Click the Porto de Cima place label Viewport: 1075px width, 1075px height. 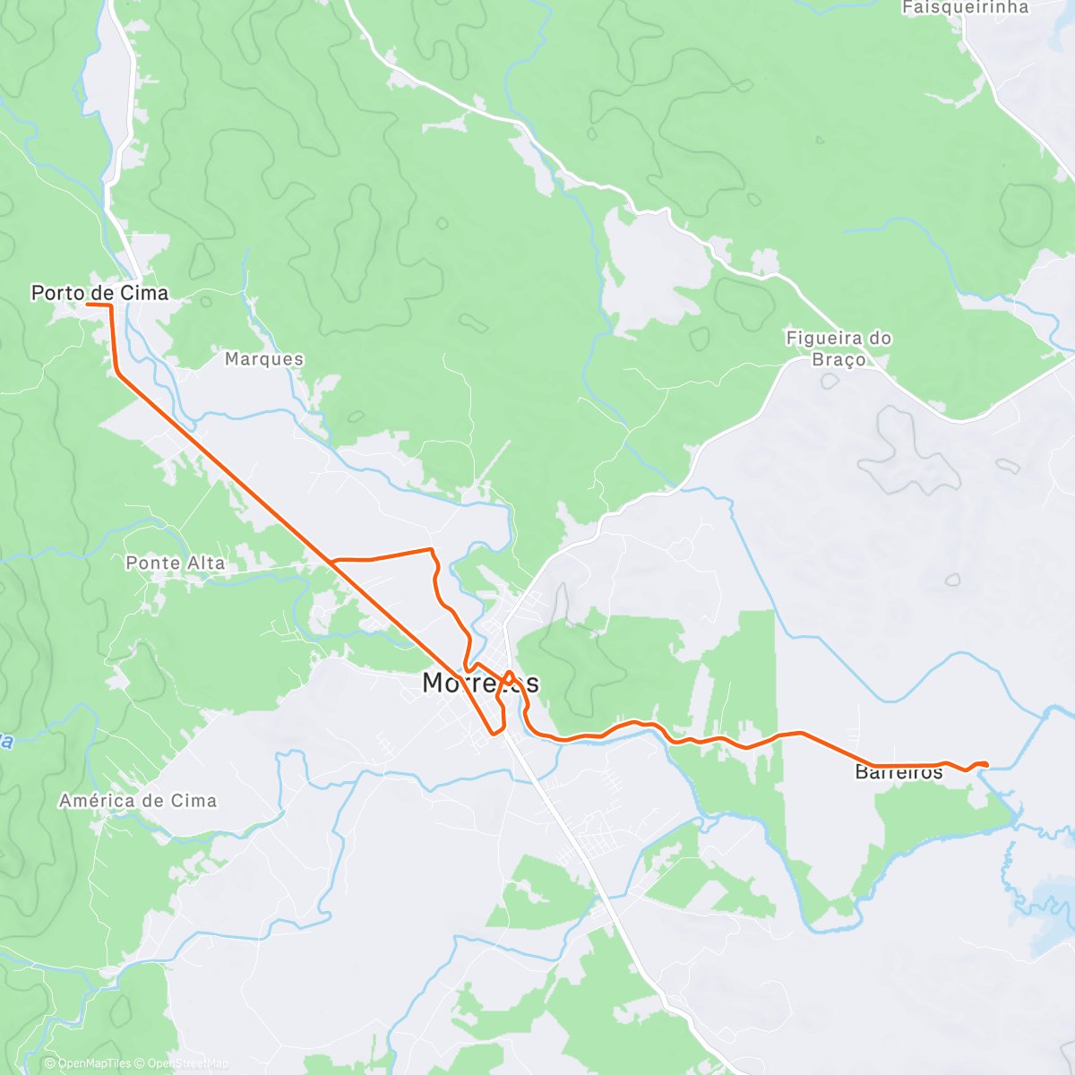tap(99, 293)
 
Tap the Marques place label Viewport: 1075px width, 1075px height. tap(264, 359)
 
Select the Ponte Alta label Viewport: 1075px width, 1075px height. tap(176, 563)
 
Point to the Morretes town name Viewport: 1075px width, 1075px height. tap(480, 683)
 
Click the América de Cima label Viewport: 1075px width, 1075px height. tap(138, 801)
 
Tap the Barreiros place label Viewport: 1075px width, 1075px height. tap(899, 772)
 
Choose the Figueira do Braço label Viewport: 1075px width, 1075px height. tap(838, 348)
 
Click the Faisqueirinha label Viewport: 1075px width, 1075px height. tap(965, 8)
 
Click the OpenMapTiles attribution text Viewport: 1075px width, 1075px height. tap(94, 1063)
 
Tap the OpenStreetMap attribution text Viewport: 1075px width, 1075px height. tap(187, 1063)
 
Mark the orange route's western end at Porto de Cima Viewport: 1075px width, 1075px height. tap(87, 305)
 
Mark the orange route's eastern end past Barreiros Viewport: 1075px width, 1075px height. tap(986, 764)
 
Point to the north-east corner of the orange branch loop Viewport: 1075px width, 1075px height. tap(431, 549)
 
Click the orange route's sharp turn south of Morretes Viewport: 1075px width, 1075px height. tap(494, 735)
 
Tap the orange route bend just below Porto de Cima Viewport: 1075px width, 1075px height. tap(117, 372)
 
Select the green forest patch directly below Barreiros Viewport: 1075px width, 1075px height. tap(932, 815)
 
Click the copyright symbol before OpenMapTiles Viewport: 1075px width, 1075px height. tap(50, 1063)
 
